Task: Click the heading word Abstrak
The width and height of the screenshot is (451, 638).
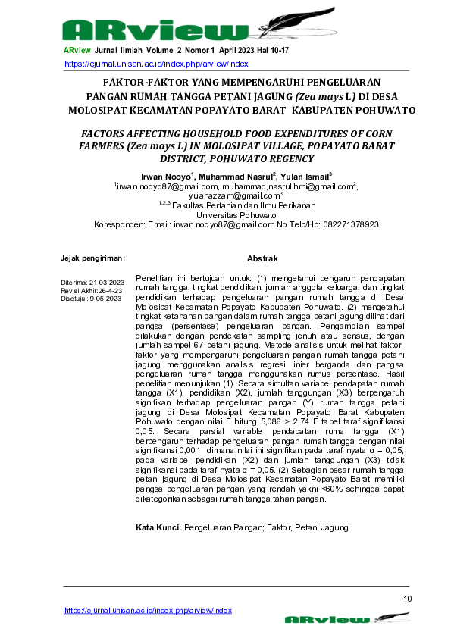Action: [x=262, y=259]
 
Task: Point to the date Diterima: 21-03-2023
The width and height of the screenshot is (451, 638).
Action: [x=92, y=282]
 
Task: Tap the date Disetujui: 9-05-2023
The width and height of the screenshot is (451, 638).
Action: [x=91, y=299]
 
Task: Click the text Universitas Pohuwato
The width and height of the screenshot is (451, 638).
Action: [x=236, y=215]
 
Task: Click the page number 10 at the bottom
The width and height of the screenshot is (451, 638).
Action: [x=408, y=599]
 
